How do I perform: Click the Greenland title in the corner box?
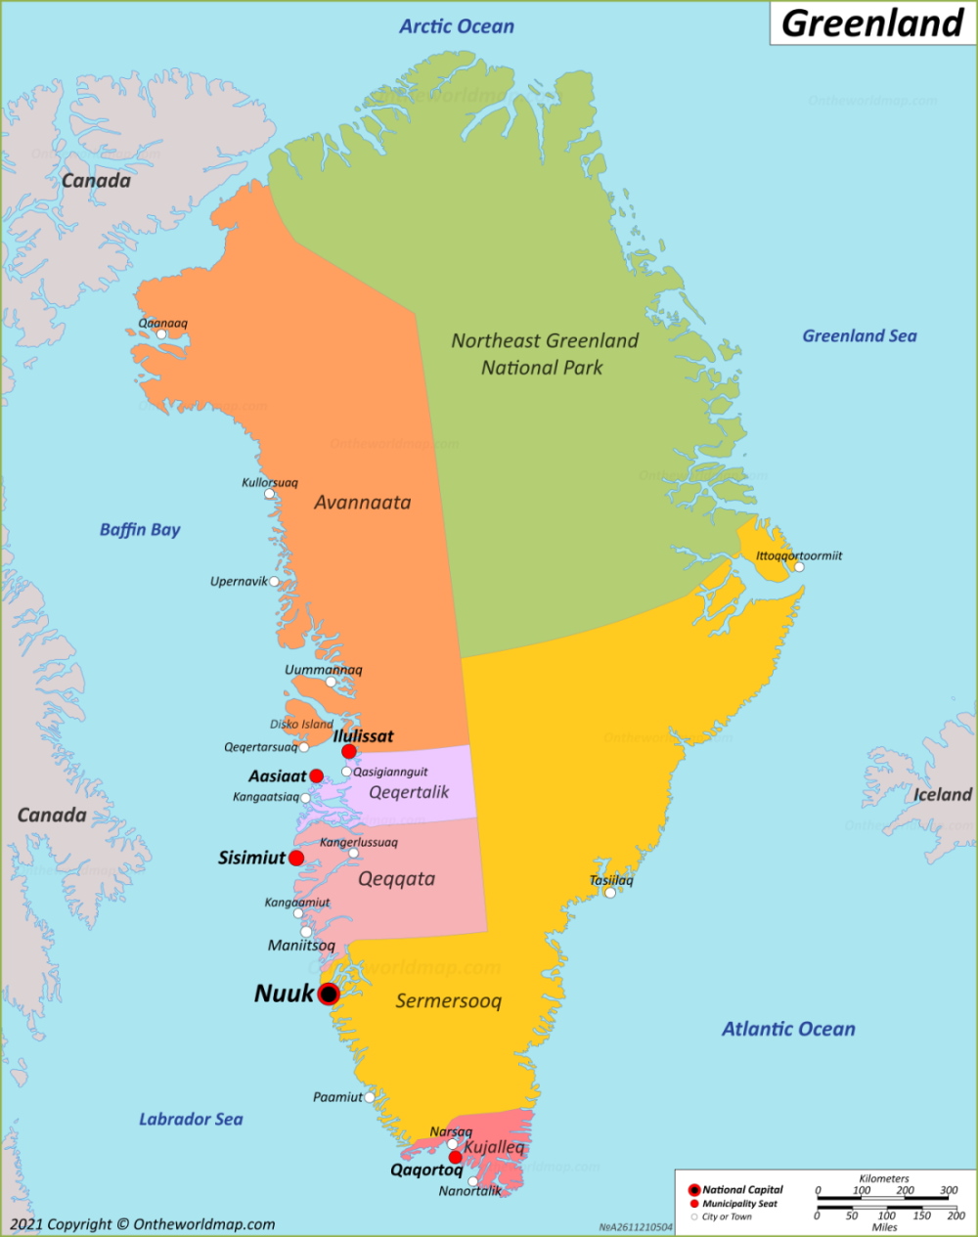click(x=872, y=22)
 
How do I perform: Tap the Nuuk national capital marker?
click(x=329, y=994)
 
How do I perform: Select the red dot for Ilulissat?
click(x=349, y=751)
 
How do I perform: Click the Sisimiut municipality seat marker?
click(x=296, y=858)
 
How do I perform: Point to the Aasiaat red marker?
click(x=316, y=776)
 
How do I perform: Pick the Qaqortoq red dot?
click(x=455, y=1157)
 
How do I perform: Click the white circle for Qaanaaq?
click(x=161, y=334)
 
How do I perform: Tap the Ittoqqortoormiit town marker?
click(x=799, y=567)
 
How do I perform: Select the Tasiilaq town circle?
click(x=610, y=892)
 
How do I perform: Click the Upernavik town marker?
click(x=274, y=582)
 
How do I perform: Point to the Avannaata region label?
click(x=362, y=503)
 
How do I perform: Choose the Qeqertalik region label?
click(x=409, y=792)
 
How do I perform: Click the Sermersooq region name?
click(x=448, y=1001)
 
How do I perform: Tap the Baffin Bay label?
click(x=140, y=530)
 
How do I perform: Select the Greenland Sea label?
click(x=860, y=336)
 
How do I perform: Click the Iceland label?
click(x=942, y=794)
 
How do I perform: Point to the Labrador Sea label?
click(x=191, y=1119)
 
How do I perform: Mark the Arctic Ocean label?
click(x=456, y=26)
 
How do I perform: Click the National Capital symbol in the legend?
click(x=694, y=1190)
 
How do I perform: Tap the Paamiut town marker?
click(x=370, y=1097)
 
